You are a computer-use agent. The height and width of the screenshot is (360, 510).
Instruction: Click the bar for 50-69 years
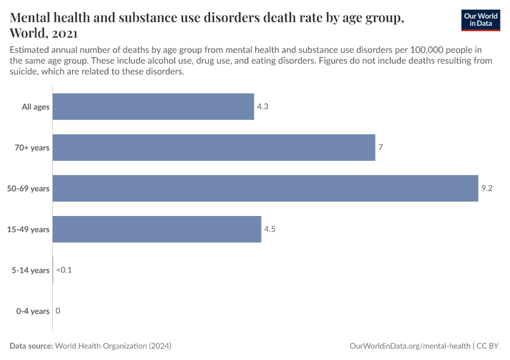coord(265,188)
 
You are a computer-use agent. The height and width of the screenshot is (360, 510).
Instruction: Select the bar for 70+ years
coord(214,148)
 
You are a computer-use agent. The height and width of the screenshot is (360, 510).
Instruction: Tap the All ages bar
coord(153,107)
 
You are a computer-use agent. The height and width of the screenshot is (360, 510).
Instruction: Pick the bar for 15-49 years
coord(157,229)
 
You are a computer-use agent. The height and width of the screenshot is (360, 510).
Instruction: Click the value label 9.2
coord(487,188)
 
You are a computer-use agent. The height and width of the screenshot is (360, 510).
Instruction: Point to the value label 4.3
coord(263,107)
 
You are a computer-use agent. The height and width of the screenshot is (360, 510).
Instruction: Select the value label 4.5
coord(270,229)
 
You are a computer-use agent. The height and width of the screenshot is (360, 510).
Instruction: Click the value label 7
coord(380,148)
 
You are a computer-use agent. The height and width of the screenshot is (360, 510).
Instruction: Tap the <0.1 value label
coord(64,270)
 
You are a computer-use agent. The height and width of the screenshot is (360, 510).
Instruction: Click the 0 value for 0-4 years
coord(58,311)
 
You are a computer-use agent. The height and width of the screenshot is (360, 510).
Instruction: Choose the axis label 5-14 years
coord(31,270)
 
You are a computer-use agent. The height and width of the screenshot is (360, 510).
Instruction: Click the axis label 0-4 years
coord(32,311)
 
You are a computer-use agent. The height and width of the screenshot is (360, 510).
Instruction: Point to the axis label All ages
coord(35,107)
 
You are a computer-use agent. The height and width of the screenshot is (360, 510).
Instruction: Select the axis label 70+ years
coord(32,148)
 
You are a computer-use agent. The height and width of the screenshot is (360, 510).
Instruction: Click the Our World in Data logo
coord(480,20)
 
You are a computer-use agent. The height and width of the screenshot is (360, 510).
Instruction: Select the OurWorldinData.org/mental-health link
coord(409,346)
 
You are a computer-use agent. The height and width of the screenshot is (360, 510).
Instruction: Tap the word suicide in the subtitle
coord(23,72)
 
